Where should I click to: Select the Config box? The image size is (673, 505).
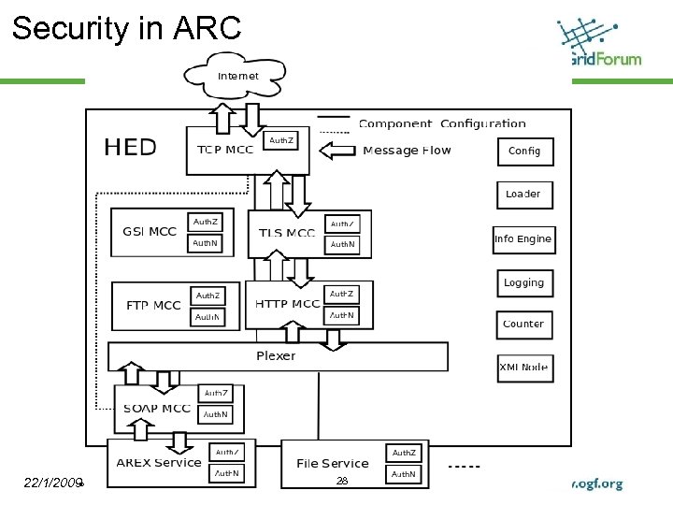pyautogui.click(x=523, y=151)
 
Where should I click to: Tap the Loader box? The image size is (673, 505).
pyautogui.click(x=523, y=195)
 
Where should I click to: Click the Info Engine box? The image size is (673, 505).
pyautogui.click(x=523, y=239)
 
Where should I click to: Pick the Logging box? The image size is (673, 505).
pyautogui.click(x=523, y=283)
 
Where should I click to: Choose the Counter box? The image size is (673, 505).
pyautogui.click(x=523, y=325)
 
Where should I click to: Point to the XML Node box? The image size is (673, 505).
pyautogui.click(x=523, y=368)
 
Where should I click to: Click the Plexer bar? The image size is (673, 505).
pyautogui.click(x=276, y=356)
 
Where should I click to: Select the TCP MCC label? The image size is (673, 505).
pyautogui.click(x=225, y=151)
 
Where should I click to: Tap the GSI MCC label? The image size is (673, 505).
pyautogui.click(x=150, y=232)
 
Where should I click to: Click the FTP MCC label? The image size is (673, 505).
pyautogui.click(x=153, y=306)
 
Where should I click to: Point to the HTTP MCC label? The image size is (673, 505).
pyautogui.click(x=287, y=304)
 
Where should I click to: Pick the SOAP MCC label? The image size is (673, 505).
pyautogui.click(x=157, y=409)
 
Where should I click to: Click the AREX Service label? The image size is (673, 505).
pyautogui.click(x=159, y=462)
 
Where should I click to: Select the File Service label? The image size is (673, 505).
pyautogui.click(x=332, y=463)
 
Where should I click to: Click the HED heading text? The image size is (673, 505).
pyautogui.click(x=130, y=147)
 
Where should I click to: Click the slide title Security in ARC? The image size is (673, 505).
pyautogui.click(x=126, y=28)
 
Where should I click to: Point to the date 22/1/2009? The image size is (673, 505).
pyautogui.click(x=54, y=483)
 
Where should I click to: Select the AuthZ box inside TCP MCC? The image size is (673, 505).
pyautogui.click(x=281, y=141)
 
